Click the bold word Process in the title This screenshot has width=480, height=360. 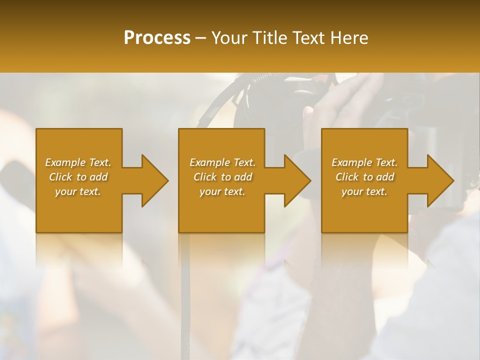157,38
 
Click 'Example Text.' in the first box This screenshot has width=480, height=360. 78,162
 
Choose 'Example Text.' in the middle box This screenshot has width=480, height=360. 222,162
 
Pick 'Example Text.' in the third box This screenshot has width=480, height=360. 364,162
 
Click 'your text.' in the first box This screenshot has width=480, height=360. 78,191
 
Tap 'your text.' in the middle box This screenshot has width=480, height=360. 222,191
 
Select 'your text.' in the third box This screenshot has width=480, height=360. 364,191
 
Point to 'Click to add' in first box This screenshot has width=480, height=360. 78,177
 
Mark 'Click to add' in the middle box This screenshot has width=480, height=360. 222,177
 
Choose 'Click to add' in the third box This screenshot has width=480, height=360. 364,177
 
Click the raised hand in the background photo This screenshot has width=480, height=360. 345,100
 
